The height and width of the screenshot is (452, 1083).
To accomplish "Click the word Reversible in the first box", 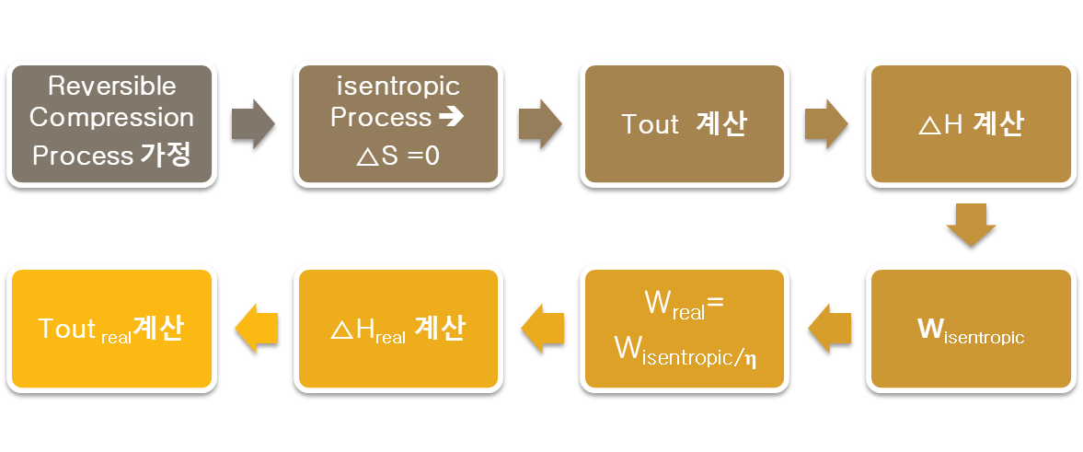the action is [x=111, y=87].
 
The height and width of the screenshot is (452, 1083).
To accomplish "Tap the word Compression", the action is [x=111, y=118].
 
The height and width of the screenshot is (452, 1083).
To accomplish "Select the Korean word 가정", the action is [x=167, y=155].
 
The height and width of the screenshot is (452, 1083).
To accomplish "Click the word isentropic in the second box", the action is [x=398, y=87].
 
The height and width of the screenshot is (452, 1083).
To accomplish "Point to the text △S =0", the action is [x=398, y=156].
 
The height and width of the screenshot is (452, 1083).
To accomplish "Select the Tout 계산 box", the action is [x=684, y=123].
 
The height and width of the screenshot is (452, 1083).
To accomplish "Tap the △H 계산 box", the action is [x=971, y=123].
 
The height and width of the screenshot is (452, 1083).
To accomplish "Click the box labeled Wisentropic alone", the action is [x=971, y=329].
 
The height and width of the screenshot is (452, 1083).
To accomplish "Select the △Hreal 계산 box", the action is [x=398, y=329].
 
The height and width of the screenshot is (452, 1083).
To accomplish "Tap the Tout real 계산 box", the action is [x=111, y=329].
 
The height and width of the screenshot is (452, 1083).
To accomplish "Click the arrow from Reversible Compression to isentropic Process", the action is [x=254, y=123].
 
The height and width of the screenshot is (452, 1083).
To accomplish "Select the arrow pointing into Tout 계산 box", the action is [x=541, y=123].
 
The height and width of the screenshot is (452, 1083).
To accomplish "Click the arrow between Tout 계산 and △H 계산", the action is [x=827, y=123].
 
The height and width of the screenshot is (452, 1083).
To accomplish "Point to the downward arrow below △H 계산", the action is [x=971, y=226].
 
